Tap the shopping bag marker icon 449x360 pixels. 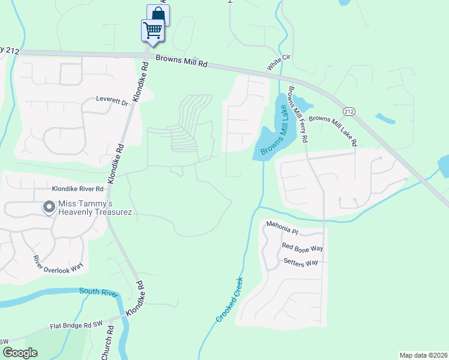click(158, 14)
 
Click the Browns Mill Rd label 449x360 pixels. click(181, 60)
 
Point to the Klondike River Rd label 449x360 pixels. click(77, 188)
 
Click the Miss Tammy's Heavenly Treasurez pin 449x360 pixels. click(49, 207)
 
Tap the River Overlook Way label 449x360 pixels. click(58, 264)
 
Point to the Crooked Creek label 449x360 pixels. click(230, 299)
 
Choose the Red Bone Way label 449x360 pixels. click(303, 248)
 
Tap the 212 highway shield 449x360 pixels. click(350, 111)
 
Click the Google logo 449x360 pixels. click(19, 353)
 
